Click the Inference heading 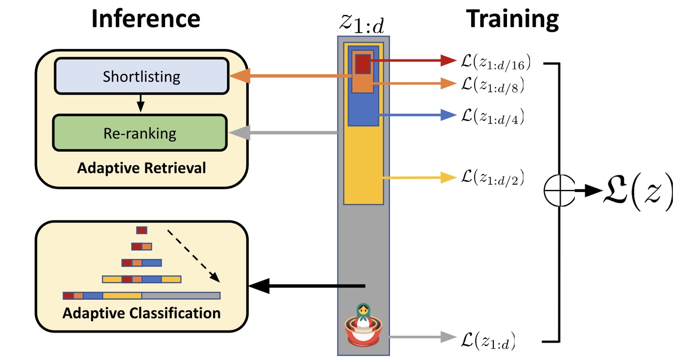(x=145, y=19)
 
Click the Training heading (x=512, y=19)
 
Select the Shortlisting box (x=141, y=76)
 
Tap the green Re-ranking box (x=140, y=133)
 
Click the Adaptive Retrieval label (x=141, y=168)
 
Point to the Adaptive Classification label (x=141, y=313)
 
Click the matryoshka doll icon (x=363, y=325)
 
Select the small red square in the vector (x=362, y=64)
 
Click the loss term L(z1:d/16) (x=496, y=62)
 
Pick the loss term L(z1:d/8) (x=493, y=85)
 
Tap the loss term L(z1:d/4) (x=493, y=117)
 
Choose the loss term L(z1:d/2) (x=493, y=178)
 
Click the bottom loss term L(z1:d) (x=488, y=340)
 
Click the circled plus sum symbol (x=559, y=190)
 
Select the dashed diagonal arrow (x=193, y=256)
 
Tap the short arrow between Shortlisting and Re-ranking (x=140, y=103)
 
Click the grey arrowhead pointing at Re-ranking (x=239, y=133)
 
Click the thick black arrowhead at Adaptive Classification (x=259, y=286)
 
